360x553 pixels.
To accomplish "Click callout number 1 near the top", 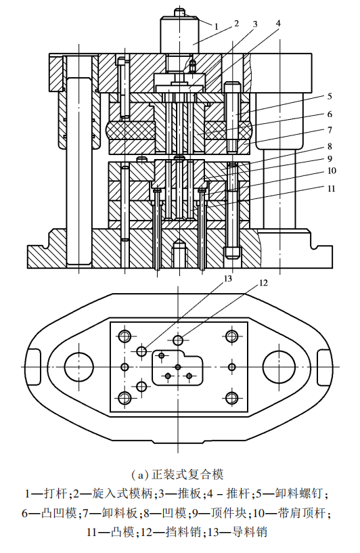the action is coord(217,26).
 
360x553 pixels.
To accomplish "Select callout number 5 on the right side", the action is coord(330,96).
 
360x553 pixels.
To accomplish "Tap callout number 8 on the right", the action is coord(330,146).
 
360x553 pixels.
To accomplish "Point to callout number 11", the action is coord(331,189).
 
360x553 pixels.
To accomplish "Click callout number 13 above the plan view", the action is coord(227,279).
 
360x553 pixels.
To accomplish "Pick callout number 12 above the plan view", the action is coord(263,283).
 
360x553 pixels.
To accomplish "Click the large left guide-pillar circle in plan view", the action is coord(79,367).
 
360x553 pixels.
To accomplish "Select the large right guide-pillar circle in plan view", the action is coord(279,367).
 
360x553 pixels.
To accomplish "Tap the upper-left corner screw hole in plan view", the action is coord(125,336).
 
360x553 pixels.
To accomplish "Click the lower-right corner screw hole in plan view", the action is coord(231,398).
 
